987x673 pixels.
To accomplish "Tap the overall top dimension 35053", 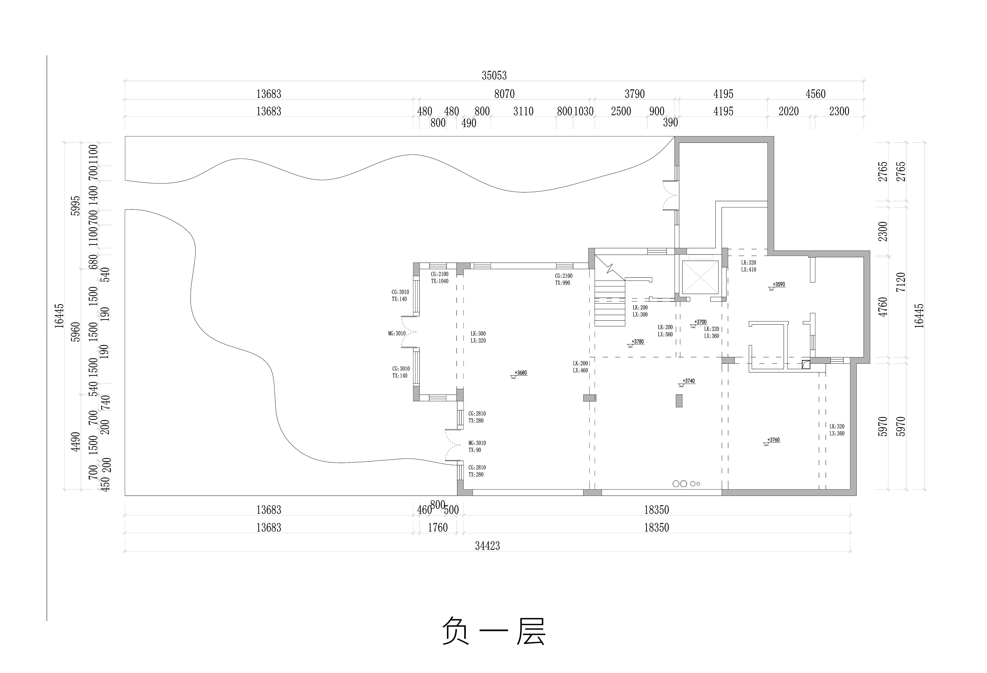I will click(494, 76).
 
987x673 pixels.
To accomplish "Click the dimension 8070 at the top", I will click(504, 94).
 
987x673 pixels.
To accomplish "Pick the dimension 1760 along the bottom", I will click(437, 528).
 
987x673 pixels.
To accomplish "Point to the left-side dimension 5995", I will click(75, 206).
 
